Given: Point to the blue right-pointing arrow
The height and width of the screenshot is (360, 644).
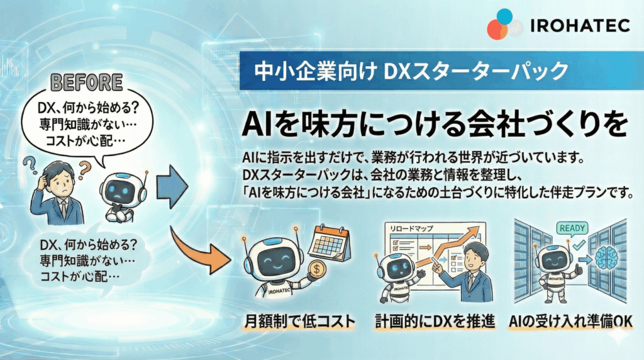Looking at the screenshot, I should [x=173, y=186].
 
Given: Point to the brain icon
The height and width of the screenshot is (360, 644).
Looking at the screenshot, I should [x=604, y=259].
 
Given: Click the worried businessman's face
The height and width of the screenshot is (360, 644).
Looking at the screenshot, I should [x=62, y=177].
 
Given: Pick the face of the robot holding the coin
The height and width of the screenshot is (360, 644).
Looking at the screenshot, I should [x=276, y=259].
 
